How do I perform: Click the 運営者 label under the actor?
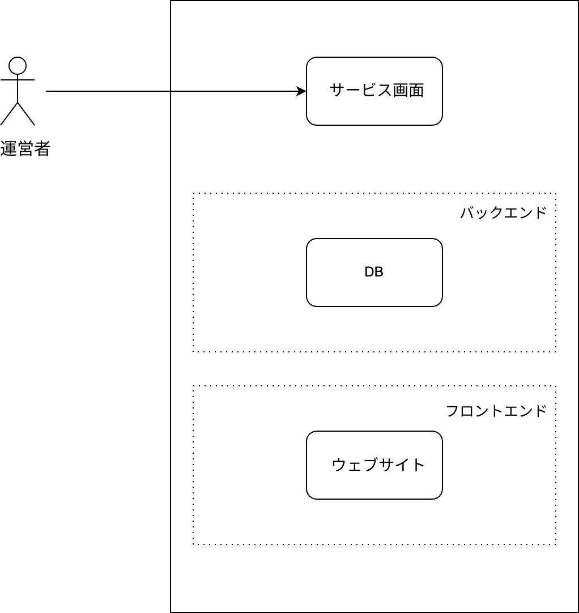pyautogui.click(x=25, y=148)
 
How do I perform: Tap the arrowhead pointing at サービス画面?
pyautogui.click(x=301, y=91)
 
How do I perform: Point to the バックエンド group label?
pyautogui.click(x=503, y=212)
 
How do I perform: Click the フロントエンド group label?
pyautogui.click(x=496, y=411)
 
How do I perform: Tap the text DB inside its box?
pyautogui.click(x=374, y=272)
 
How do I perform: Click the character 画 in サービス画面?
pyautogui.click(x=401, y=90)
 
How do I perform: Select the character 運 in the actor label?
pyautogui.click(x=8, y=148)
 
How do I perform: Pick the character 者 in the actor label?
pyautogui.click(x=42, y=148)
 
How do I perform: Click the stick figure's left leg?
pyautogui.click(x=9, y=114)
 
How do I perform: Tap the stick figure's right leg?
pyautogui.click(x=26, y=114)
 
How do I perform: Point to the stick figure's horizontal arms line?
pyautogui.click(x=18, y=80)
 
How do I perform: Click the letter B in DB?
pyautogui.click(x=379, y=272)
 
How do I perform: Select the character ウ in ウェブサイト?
pyautogui.click(x=339, y=465)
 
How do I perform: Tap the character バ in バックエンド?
pyautogui.click(x=467, y=212)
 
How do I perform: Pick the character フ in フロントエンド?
pyautogui.click(x=452, y=411)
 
